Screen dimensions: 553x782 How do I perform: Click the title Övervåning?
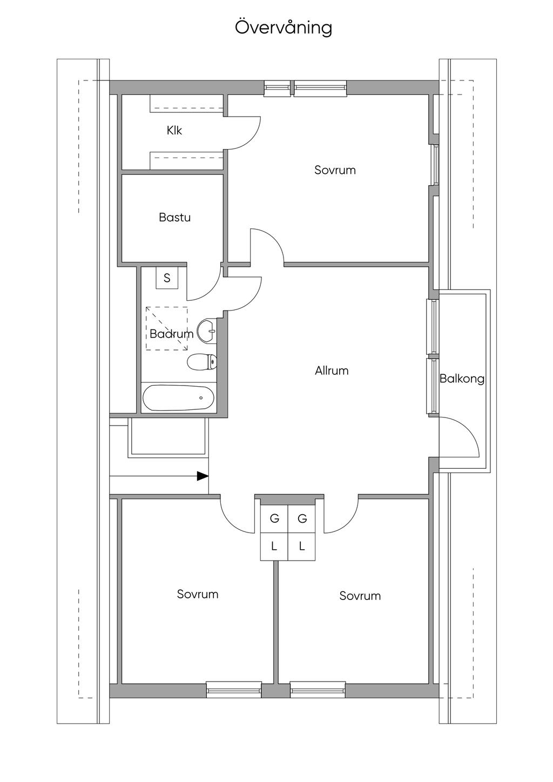pos(284,28)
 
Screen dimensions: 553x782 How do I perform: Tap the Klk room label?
pos(174,131)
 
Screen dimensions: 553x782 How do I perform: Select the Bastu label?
pos(174,218)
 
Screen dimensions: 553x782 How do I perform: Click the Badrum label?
pos(171,334)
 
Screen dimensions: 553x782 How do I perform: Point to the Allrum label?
pos(332,370)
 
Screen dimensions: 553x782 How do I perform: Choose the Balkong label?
pos(462,379)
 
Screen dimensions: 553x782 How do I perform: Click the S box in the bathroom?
pos(167,278)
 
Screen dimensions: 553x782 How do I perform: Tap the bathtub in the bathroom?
pos(178,398)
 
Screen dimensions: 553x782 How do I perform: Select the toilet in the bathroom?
pos(202,361)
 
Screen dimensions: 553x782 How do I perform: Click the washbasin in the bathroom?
pos(207,331)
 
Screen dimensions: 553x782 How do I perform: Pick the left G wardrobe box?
pos(274,519)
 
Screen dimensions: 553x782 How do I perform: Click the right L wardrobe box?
pos(302,547)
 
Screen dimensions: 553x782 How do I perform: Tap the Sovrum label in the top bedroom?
pos(335,170)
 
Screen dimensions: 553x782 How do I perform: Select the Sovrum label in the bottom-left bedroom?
pos(198,594)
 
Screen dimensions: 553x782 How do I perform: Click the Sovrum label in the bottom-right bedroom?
pos(360,596)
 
